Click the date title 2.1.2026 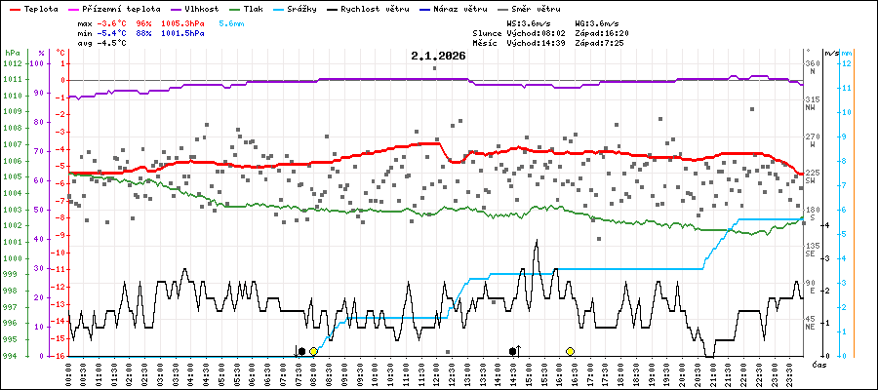[438, 57]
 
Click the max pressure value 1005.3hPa [182, 21]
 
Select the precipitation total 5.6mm [231, 21]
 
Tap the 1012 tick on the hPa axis [12, 64]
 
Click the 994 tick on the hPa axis [12, 356]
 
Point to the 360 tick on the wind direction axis [812, 64]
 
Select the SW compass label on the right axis [810, 181]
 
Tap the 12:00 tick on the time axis [436, 372]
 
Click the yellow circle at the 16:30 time [570, 351]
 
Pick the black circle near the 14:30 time [513, 351]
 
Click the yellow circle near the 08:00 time [313, 351]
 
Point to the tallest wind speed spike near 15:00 [536, 242]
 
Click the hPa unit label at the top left [12, 52]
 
